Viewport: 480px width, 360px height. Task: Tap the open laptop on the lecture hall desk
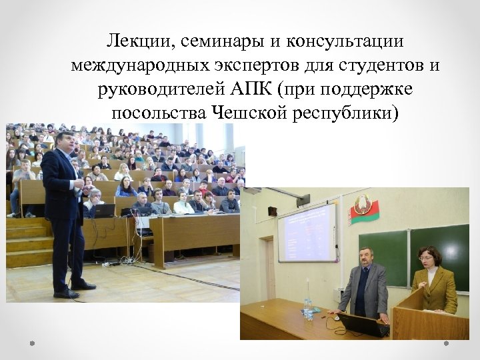105,211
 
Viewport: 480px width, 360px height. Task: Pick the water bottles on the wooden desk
307,308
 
